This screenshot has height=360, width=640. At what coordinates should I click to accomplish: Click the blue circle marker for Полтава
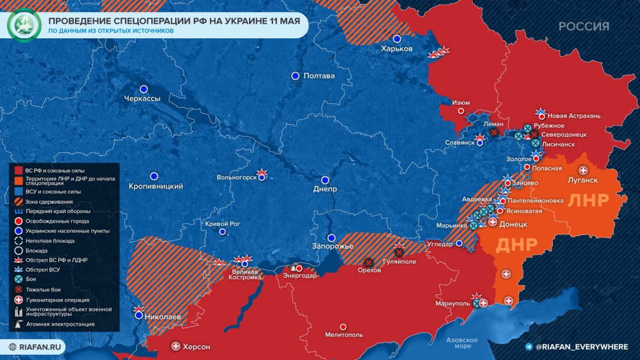pyautogui.click(x=296, y=76)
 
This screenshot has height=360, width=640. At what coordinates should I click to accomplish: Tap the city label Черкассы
pyautogui.click(x=142, y=99)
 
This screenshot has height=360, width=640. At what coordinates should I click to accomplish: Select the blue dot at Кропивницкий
pyautogui.click(x=154, y=176)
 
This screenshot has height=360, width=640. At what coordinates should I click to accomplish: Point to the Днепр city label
pyautogui.click(x=325, y=189)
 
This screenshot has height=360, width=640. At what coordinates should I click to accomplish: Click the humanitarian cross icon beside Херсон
pyautogui.click(x=176, y=347)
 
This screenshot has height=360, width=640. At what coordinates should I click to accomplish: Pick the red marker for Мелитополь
pyautogui.click(x=343, y=327)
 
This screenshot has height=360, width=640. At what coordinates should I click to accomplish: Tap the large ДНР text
pyautogui.click(x=515, y=245)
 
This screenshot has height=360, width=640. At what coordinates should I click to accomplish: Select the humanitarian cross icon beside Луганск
pyautogui.click(x=582, y=170)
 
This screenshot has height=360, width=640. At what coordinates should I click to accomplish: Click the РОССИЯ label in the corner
pyautogui.click(x=584, y=26)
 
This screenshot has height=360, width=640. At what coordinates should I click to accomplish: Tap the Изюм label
pyautogui.click(x=461, y=102)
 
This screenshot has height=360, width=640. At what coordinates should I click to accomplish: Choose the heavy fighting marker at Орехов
pyautogui.click(x=369, y=262)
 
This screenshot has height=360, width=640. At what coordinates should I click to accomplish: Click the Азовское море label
pyautogui.click(x=461, y=343)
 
